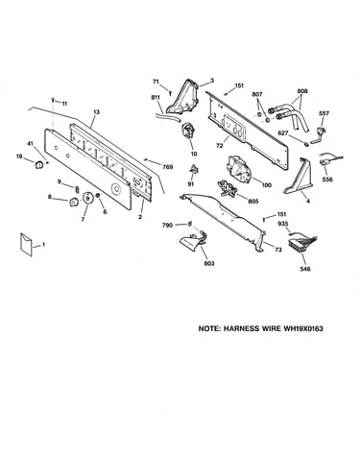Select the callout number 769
(168, 167)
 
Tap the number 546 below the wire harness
(305, 269)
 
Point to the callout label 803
(209, 264)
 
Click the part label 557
(324, 113)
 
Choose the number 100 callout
(266, 185)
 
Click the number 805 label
(253, 202)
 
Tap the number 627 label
(283, 132)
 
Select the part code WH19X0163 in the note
(303, 328)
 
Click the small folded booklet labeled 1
(26, 245)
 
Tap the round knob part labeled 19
(39, 164)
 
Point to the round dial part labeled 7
(86, 198)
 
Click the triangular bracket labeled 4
(299, 178)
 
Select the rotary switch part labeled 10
(187, 132)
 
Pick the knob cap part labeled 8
(74, 203)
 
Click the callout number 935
(282, 224)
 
